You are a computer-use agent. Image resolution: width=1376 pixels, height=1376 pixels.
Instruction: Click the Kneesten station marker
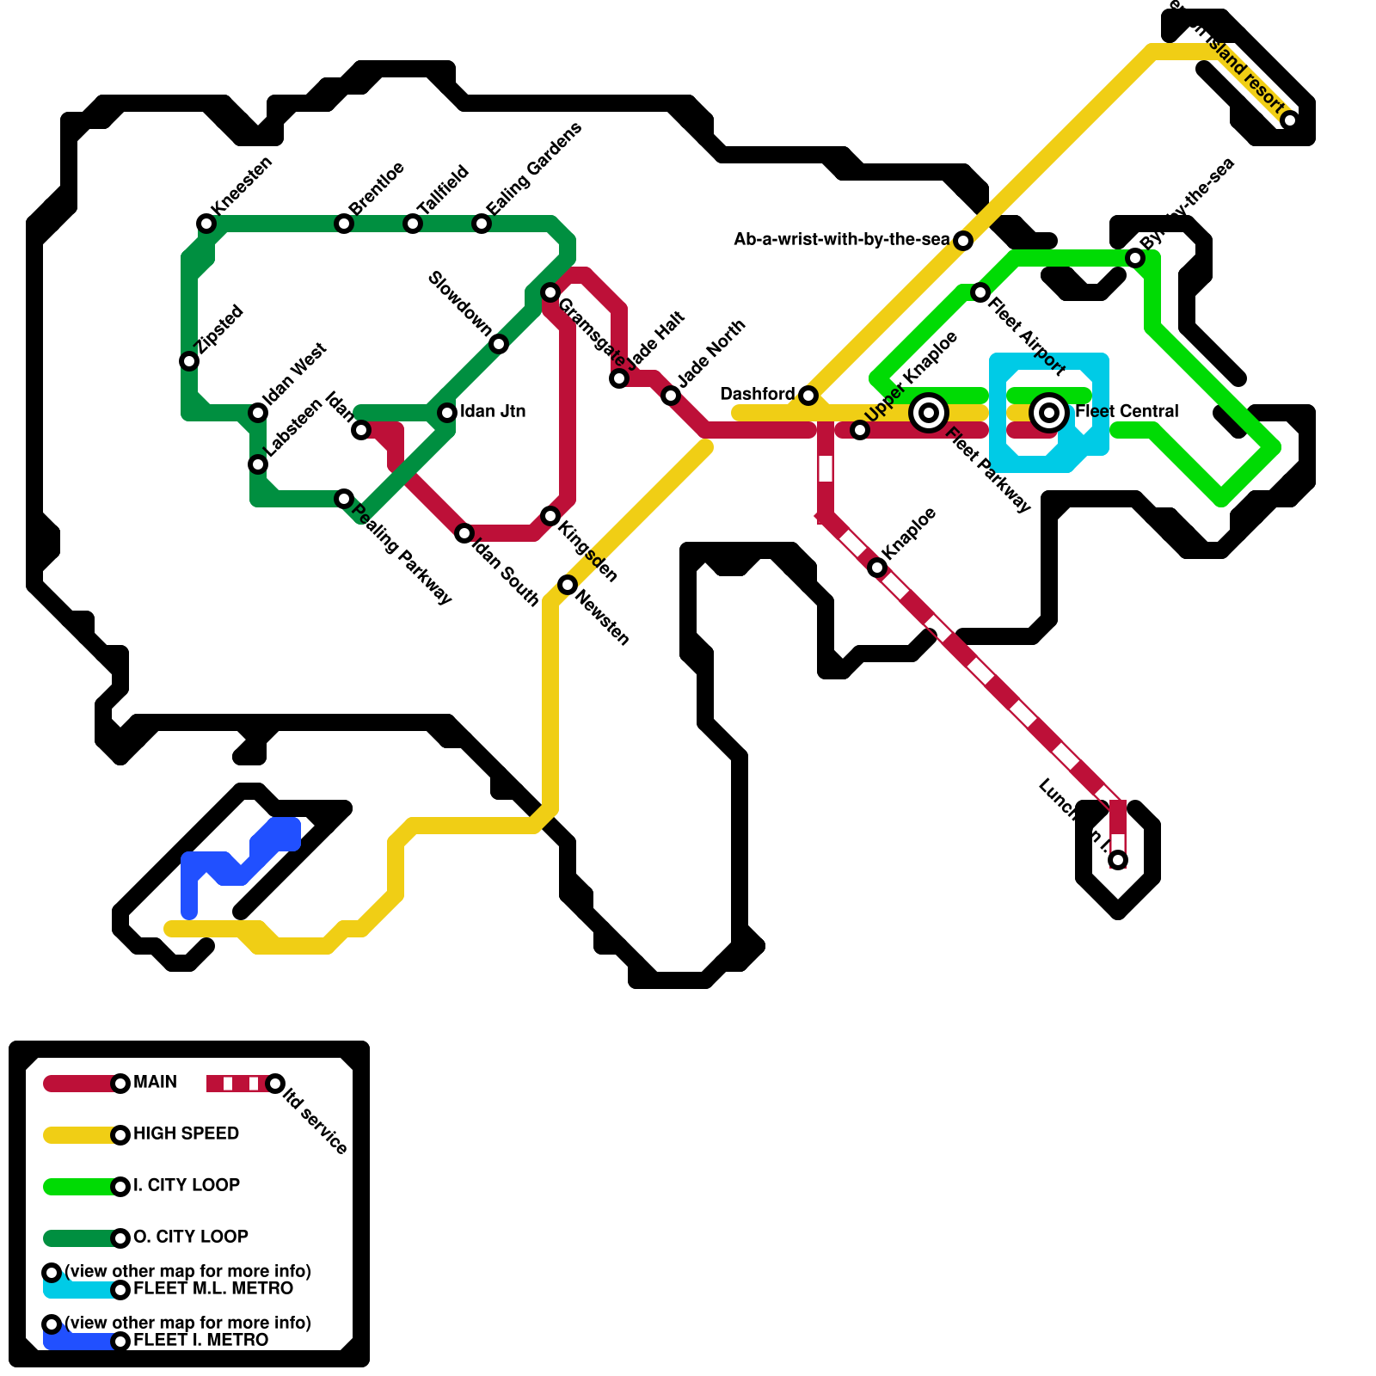[x=206, y=224]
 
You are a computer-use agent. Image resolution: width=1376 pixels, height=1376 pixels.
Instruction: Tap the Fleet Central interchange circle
[x=1049, y=413]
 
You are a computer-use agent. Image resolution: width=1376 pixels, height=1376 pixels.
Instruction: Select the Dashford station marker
[x=808, y=396]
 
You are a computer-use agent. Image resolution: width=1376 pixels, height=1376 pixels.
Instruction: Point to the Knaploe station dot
[x=877, y=568]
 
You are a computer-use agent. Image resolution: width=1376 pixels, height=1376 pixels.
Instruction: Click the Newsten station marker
[x=568, y=585]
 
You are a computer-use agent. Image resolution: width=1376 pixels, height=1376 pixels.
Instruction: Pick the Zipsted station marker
[x=189, y=361]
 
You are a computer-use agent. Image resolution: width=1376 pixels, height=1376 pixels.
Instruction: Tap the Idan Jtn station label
[x=493, y=411]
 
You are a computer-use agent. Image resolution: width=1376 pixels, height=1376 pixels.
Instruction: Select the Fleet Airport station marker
[x=980, y=292]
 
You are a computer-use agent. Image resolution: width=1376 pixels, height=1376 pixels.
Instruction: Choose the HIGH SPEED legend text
[x=187, y=1133]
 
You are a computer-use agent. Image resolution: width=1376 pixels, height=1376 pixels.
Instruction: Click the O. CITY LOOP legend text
[x=191, y=1237]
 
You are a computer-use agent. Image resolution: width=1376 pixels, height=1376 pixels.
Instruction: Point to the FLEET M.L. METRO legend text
[x=213, y=1288]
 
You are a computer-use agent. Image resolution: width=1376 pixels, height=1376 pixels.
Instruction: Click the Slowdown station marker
[x=499, y=344]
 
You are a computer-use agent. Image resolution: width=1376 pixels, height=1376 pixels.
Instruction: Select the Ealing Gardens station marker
[x=482, y=224]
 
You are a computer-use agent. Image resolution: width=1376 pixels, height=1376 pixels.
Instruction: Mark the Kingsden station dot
[x=550, y=516]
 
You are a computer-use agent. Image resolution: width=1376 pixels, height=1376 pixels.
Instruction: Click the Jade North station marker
[x=671, y=396]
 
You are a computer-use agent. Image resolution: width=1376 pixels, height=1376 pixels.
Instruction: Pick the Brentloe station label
[x=377, y=187]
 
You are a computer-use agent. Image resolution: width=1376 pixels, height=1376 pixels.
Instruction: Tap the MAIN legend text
[x=156, y=1082]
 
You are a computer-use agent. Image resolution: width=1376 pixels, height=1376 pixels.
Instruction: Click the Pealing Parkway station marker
[x=344, y=499]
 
